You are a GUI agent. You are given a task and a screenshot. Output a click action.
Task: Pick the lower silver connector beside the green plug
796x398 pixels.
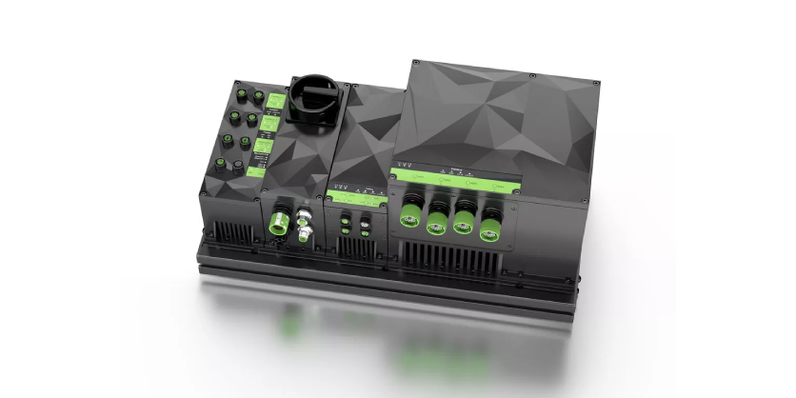pyautogui.click(x=306, y=233)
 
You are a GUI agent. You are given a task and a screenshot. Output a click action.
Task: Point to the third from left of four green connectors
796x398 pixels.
pyautogui.click(x=465, y=224)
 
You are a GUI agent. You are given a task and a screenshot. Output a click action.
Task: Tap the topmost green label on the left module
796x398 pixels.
pyautogui.click(x=272, y=100)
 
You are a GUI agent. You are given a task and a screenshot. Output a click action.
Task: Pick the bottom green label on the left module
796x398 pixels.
pyautogui.click(x=255, y=169)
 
